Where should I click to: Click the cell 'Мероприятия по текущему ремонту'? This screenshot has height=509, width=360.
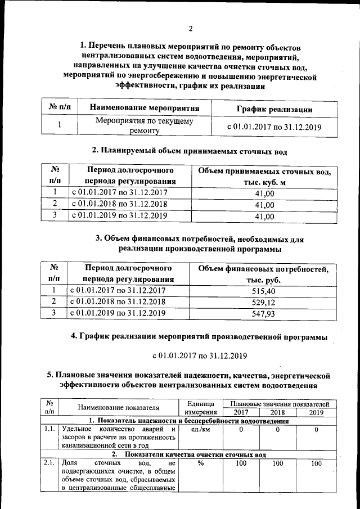145,126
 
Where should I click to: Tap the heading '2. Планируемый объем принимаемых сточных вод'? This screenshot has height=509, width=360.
190,150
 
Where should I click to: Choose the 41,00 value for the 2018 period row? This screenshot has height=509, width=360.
264,204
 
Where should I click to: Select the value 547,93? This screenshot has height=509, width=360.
263,314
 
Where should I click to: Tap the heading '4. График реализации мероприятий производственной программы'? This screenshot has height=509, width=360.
199,336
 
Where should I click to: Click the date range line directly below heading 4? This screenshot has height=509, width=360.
200,355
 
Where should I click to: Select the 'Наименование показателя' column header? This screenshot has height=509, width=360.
118,408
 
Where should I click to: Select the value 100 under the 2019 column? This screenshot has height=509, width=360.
316,463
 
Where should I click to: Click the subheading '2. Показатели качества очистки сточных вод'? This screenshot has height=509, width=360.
188,454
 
